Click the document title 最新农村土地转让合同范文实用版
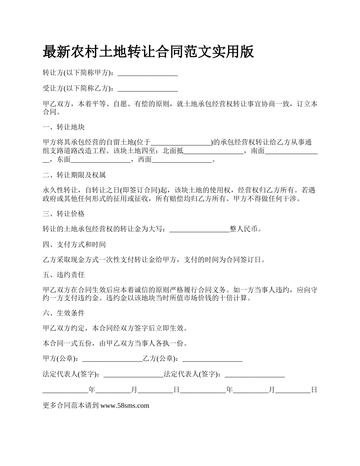pos(148,52)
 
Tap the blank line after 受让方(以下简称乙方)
pos(148,89)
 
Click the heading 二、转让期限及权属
pos(74,175)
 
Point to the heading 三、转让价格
pos(64,214)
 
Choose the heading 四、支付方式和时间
pos(74,244)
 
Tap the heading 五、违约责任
pos(64,275)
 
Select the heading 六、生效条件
pos(64,313)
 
